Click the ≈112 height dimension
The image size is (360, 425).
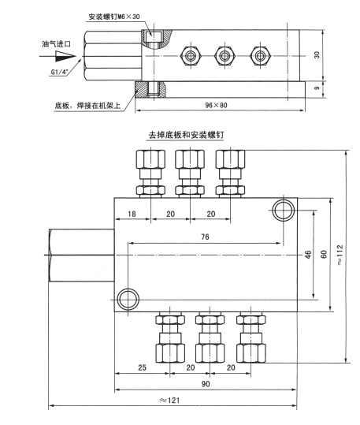(339, 255)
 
